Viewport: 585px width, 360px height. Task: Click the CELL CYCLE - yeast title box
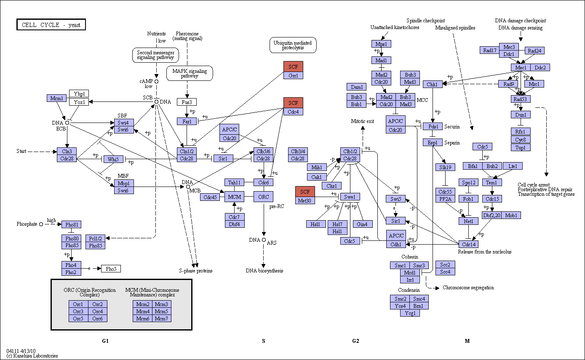click(x=51, y=24)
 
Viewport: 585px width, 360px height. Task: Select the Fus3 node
click(x=187, y=102)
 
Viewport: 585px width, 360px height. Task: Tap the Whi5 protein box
click(x=113, y=159)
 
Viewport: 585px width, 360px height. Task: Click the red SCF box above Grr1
click(x=293, y=67)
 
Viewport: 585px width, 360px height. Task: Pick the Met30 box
click(x=305, y=200)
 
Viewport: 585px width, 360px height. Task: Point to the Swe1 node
click(x=350, y=197)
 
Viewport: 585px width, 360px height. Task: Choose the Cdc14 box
click(x=468, y=244)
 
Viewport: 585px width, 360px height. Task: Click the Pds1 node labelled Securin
click(x=433, y=127)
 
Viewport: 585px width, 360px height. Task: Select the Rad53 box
click(x=520, y=99)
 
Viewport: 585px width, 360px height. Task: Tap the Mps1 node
click(x=381, y=44)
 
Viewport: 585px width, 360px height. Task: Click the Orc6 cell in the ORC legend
click(x=98, y=318)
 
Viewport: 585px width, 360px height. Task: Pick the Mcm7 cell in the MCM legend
click(x=162, y=318)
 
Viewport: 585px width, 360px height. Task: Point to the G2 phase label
click(x=356, y=341)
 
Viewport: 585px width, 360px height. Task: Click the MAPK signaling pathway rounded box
click(x=190, y=73)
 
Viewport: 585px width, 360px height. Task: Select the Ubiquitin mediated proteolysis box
click(x=293, y=45)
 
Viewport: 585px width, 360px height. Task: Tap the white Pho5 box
click(x=111, y=269)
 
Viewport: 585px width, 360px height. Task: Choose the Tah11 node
click(x=235, y=182)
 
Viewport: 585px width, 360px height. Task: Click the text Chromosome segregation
click(x=468, y=288)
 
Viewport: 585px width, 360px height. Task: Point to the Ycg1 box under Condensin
click(x=410, y=313)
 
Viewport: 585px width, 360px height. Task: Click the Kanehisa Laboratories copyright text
click(x=32, y=355)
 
